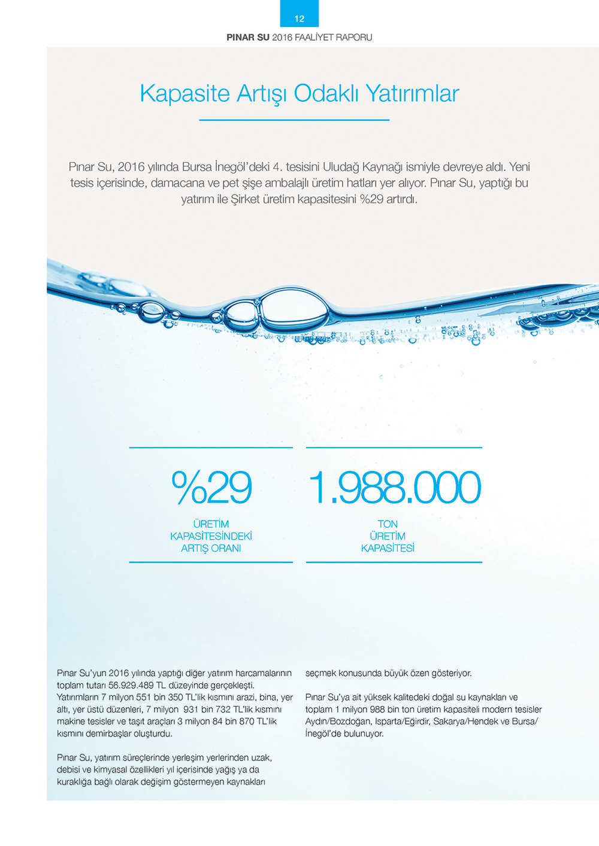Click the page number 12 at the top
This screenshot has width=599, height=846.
pos(299,19)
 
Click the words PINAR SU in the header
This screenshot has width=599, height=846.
pos(248,37)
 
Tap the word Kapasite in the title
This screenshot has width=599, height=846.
pos(184,93)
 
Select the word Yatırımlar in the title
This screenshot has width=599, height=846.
pos(413,93)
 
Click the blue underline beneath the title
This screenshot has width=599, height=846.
pos(294,120)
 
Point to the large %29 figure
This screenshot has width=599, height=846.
pos(211,487)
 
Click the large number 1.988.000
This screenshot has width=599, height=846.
pos(394,487)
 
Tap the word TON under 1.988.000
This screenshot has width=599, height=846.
pos(388,524)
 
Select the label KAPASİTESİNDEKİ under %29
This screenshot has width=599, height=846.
pos(211,536)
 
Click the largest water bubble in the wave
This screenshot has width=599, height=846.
pos(295,309)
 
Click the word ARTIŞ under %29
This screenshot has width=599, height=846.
pos(195,548)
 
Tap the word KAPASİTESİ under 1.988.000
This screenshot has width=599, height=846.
pos(388,548)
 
